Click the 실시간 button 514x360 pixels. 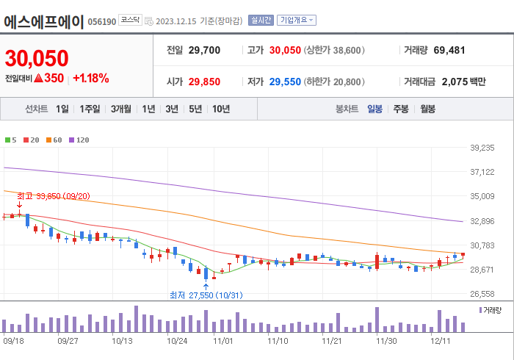[260, 21]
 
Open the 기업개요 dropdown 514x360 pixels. [297, 21]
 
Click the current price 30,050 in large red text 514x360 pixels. [37, 58]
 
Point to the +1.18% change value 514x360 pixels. [91, 78]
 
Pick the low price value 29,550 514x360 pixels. [285, 82]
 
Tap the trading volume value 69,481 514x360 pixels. [449, 51]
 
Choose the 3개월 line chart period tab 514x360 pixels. [121, 109]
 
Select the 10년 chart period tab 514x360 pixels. [220, 109]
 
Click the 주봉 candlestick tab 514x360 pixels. [401, 109]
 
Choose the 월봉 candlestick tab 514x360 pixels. [427, 109]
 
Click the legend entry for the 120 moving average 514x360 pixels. [79, 140]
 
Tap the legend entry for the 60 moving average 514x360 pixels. [54, 140]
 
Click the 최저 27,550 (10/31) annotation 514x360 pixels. [206, 295]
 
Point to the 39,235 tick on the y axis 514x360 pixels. [482, 148]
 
